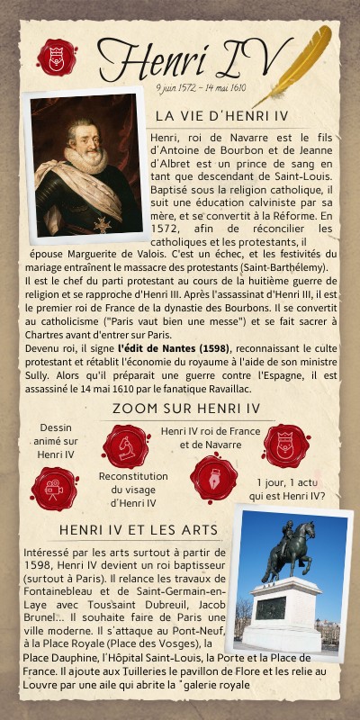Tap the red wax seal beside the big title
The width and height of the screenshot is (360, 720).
coord(57,58)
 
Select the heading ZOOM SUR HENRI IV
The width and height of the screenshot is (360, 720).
coord(185,409)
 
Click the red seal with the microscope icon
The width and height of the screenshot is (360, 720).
coord(126,446)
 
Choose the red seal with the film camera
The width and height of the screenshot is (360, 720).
coord(54,488)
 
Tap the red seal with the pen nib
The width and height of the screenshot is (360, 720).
coord(213,477)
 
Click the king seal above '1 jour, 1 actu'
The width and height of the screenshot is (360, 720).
coord(286,445)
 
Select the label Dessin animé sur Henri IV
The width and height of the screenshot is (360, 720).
coord(56,441)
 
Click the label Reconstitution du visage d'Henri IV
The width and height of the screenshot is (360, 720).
coord(133,489)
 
